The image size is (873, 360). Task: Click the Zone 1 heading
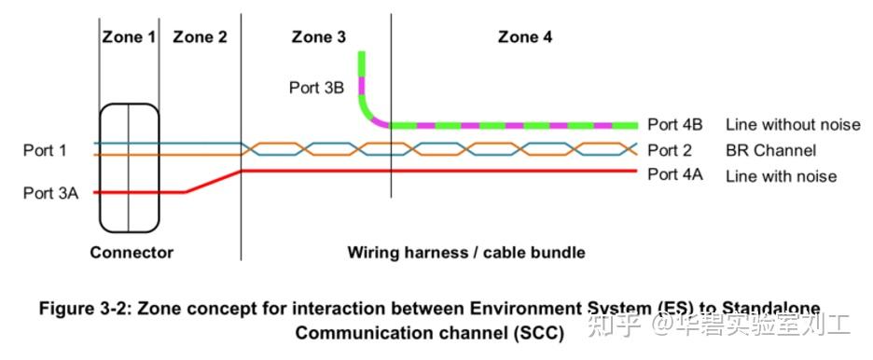[128, 37]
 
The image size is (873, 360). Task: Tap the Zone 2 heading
[200, 37]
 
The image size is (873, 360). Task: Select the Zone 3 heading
[318, 37]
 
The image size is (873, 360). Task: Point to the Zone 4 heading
[525, 37]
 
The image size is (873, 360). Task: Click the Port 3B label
[315, 88]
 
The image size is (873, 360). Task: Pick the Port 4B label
[675, 125]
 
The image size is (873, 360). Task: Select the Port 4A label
[675, 175]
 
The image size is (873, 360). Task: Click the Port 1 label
[45, 149]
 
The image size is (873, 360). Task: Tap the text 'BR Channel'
[771, 150]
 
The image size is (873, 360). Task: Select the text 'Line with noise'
[782, 175]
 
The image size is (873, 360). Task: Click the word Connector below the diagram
[132, 252]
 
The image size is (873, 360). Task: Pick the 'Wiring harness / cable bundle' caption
[466, 252]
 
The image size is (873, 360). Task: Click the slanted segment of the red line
[214, 182]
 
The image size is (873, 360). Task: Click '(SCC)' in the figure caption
[536, 332]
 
